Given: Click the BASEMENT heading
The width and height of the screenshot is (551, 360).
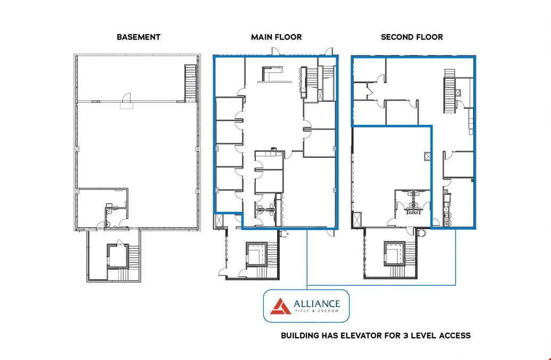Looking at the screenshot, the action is [x=139, y=37].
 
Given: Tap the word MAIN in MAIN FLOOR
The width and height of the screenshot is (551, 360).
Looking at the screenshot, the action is [x=261, y=37].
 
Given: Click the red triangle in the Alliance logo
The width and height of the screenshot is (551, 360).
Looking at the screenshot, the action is [x=280, y=306].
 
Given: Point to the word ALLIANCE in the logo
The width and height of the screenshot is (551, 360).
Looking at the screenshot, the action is [x=317, y=303].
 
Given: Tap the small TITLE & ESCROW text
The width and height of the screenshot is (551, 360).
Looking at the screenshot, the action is [x=317, y=311].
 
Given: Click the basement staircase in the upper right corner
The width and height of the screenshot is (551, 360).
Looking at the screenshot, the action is [x=190, y=83].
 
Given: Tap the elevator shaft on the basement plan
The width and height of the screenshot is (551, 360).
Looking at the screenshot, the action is [x=117, y=257].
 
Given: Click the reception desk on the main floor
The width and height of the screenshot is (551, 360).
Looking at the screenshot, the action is [x=272, y=74].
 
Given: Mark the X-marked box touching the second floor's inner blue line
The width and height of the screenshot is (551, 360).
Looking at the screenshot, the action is [x=428, y=156].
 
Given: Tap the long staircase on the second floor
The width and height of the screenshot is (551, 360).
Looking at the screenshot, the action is [x=449, y=91].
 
